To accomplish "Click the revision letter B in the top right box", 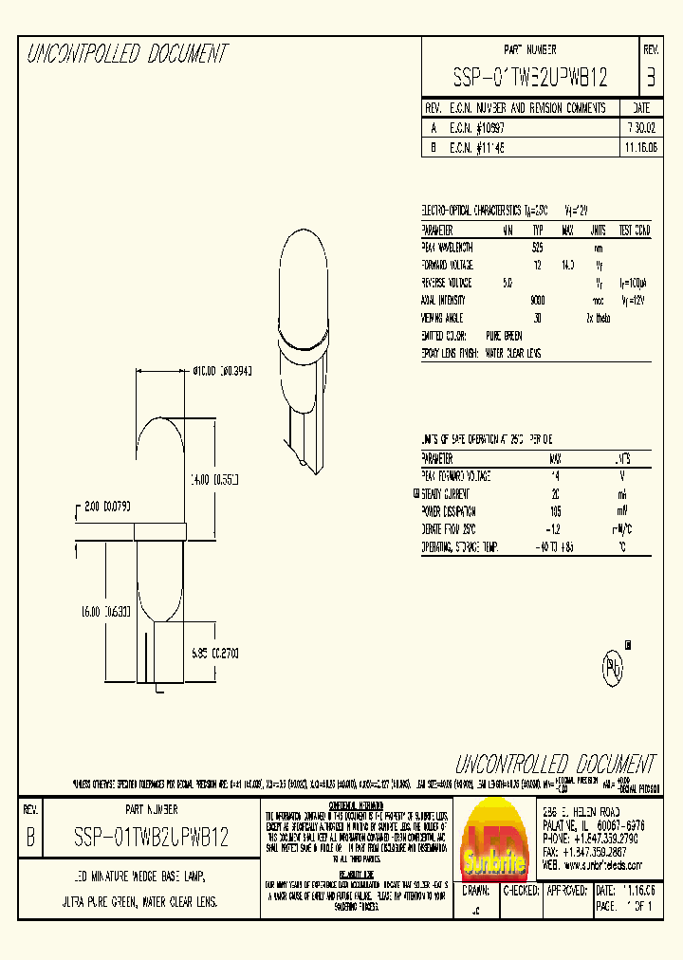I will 650,76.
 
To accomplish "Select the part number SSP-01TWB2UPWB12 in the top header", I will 530,76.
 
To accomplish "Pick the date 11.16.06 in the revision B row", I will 640,148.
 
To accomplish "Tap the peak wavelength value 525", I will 537,248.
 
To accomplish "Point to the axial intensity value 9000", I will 537,299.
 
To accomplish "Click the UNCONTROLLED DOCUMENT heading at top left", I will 126,55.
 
